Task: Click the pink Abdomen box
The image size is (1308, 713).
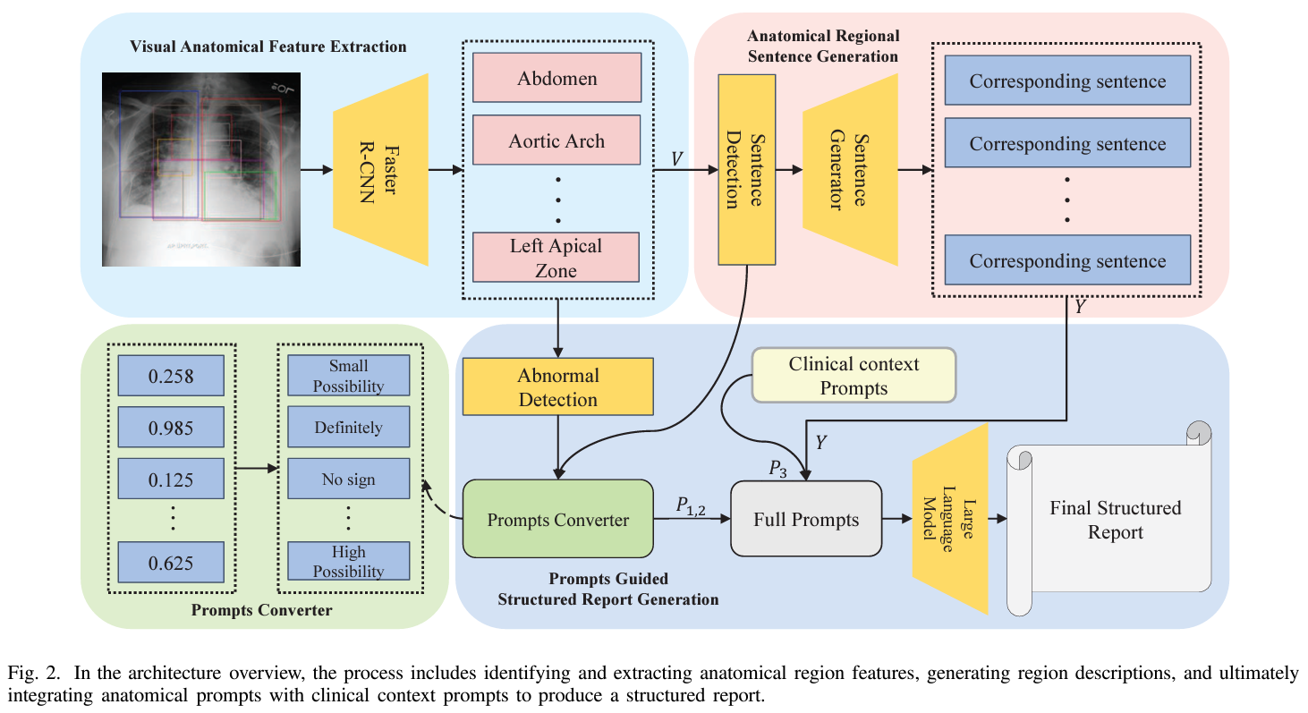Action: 556,78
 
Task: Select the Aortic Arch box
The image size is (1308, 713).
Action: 556,140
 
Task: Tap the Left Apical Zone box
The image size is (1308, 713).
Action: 556,258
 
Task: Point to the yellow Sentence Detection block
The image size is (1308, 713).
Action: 746,169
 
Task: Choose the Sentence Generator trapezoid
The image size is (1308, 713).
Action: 849,169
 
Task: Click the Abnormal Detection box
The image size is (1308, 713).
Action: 558,387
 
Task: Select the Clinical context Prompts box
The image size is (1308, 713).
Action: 854,375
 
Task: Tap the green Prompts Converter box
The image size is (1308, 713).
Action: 558,520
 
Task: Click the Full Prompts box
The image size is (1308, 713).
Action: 806,520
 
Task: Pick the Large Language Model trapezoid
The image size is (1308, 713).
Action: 949,519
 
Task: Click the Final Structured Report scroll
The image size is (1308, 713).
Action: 1115,520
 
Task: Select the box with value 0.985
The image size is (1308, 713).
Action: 171,428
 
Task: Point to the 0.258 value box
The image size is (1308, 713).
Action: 171,376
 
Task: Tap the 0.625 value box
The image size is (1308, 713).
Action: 171,564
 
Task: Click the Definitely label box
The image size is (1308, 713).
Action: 348,428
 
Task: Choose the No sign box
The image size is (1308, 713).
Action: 348,480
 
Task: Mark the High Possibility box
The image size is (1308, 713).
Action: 348,561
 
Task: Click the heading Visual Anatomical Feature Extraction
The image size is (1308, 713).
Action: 268,47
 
